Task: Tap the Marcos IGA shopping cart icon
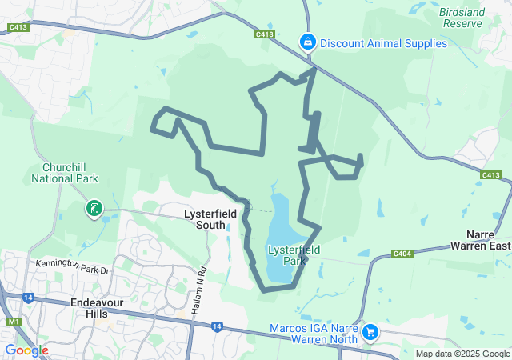click(x=370, y=331)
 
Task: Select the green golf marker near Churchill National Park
click(x=94, y=210)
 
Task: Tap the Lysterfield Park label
click(x=294, y=255)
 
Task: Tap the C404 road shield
click(x=402, y=254)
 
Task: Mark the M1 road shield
click(x=14, y=322)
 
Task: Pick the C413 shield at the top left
click(x=18, y=28)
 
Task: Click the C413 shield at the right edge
click(x=490, y=175)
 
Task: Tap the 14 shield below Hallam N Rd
click(x=218, y=326)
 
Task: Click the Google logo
click(x=26, y=350)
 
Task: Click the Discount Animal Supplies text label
click(x=383, y=43)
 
